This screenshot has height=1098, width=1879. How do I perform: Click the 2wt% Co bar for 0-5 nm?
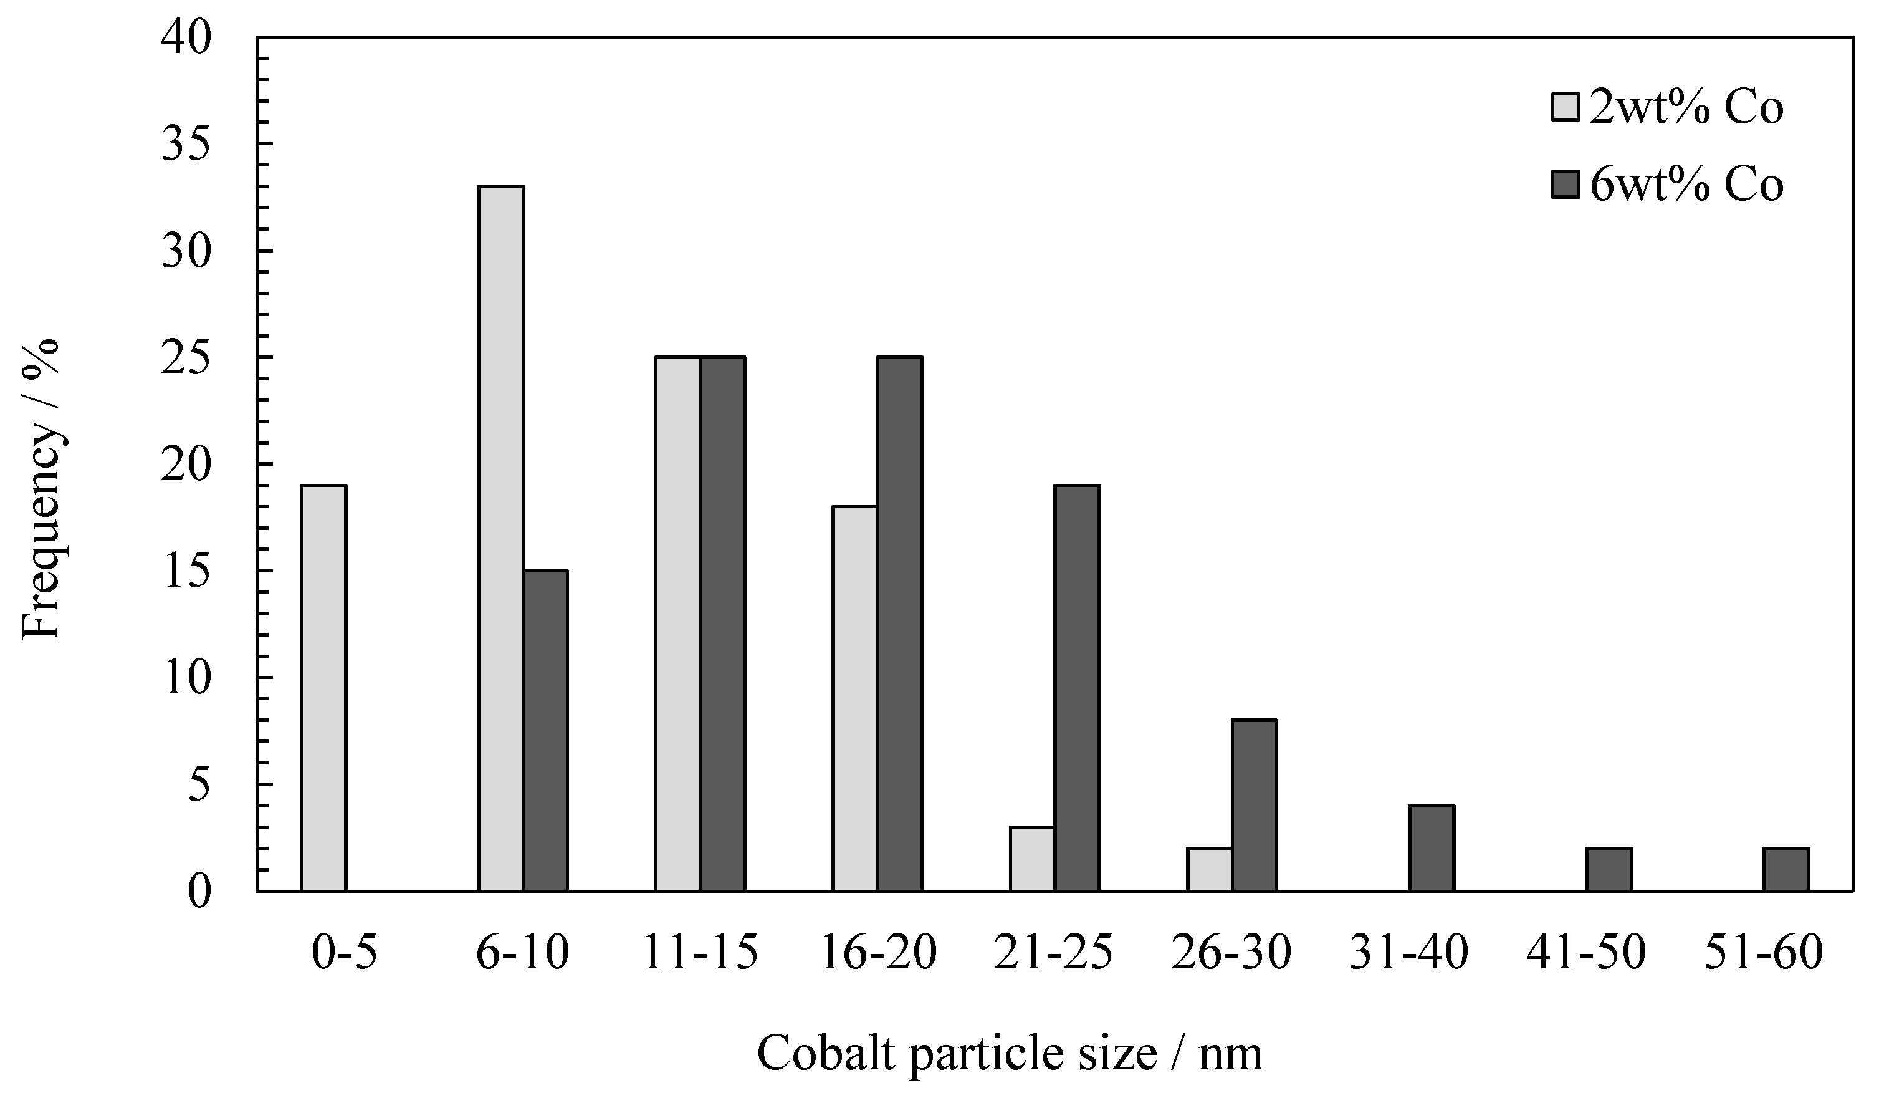tap(323, 688)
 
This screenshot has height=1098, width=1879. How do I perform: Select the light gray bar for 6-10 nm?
tap(500, 539)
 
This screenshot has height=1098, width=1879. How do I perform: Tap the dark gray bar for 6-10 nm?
tap(545, 731)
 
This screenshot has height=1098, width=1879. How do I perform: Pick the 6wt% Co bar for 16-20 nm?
tap(899, 624)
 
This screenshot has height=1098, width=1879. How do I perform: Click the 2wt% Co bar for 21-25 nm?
tap(1032, 859)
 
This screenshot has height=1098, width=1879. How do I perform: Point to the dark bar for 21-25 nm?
tap(1077, 688)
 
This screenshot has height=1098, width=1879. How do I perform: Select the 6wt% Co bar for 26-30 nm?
tap(1254, 806)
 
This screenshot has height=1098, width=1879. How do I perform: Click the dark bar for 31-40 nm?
tap(1431, 848)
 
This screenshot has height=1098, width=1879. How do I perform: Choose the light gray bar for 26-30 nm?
tap(1210, 869)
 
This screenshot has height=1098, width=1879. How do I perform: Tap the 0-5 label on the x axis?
tap(344, 953)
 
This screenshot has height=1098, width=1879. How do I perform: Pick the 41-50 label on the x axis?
tap(1586, 953)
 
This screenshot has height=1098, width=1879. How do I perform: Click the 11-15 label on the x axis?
tap(699, 953)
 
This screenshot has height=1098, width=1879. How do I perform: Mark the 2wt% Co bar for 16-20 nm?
tap(855, 699)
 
